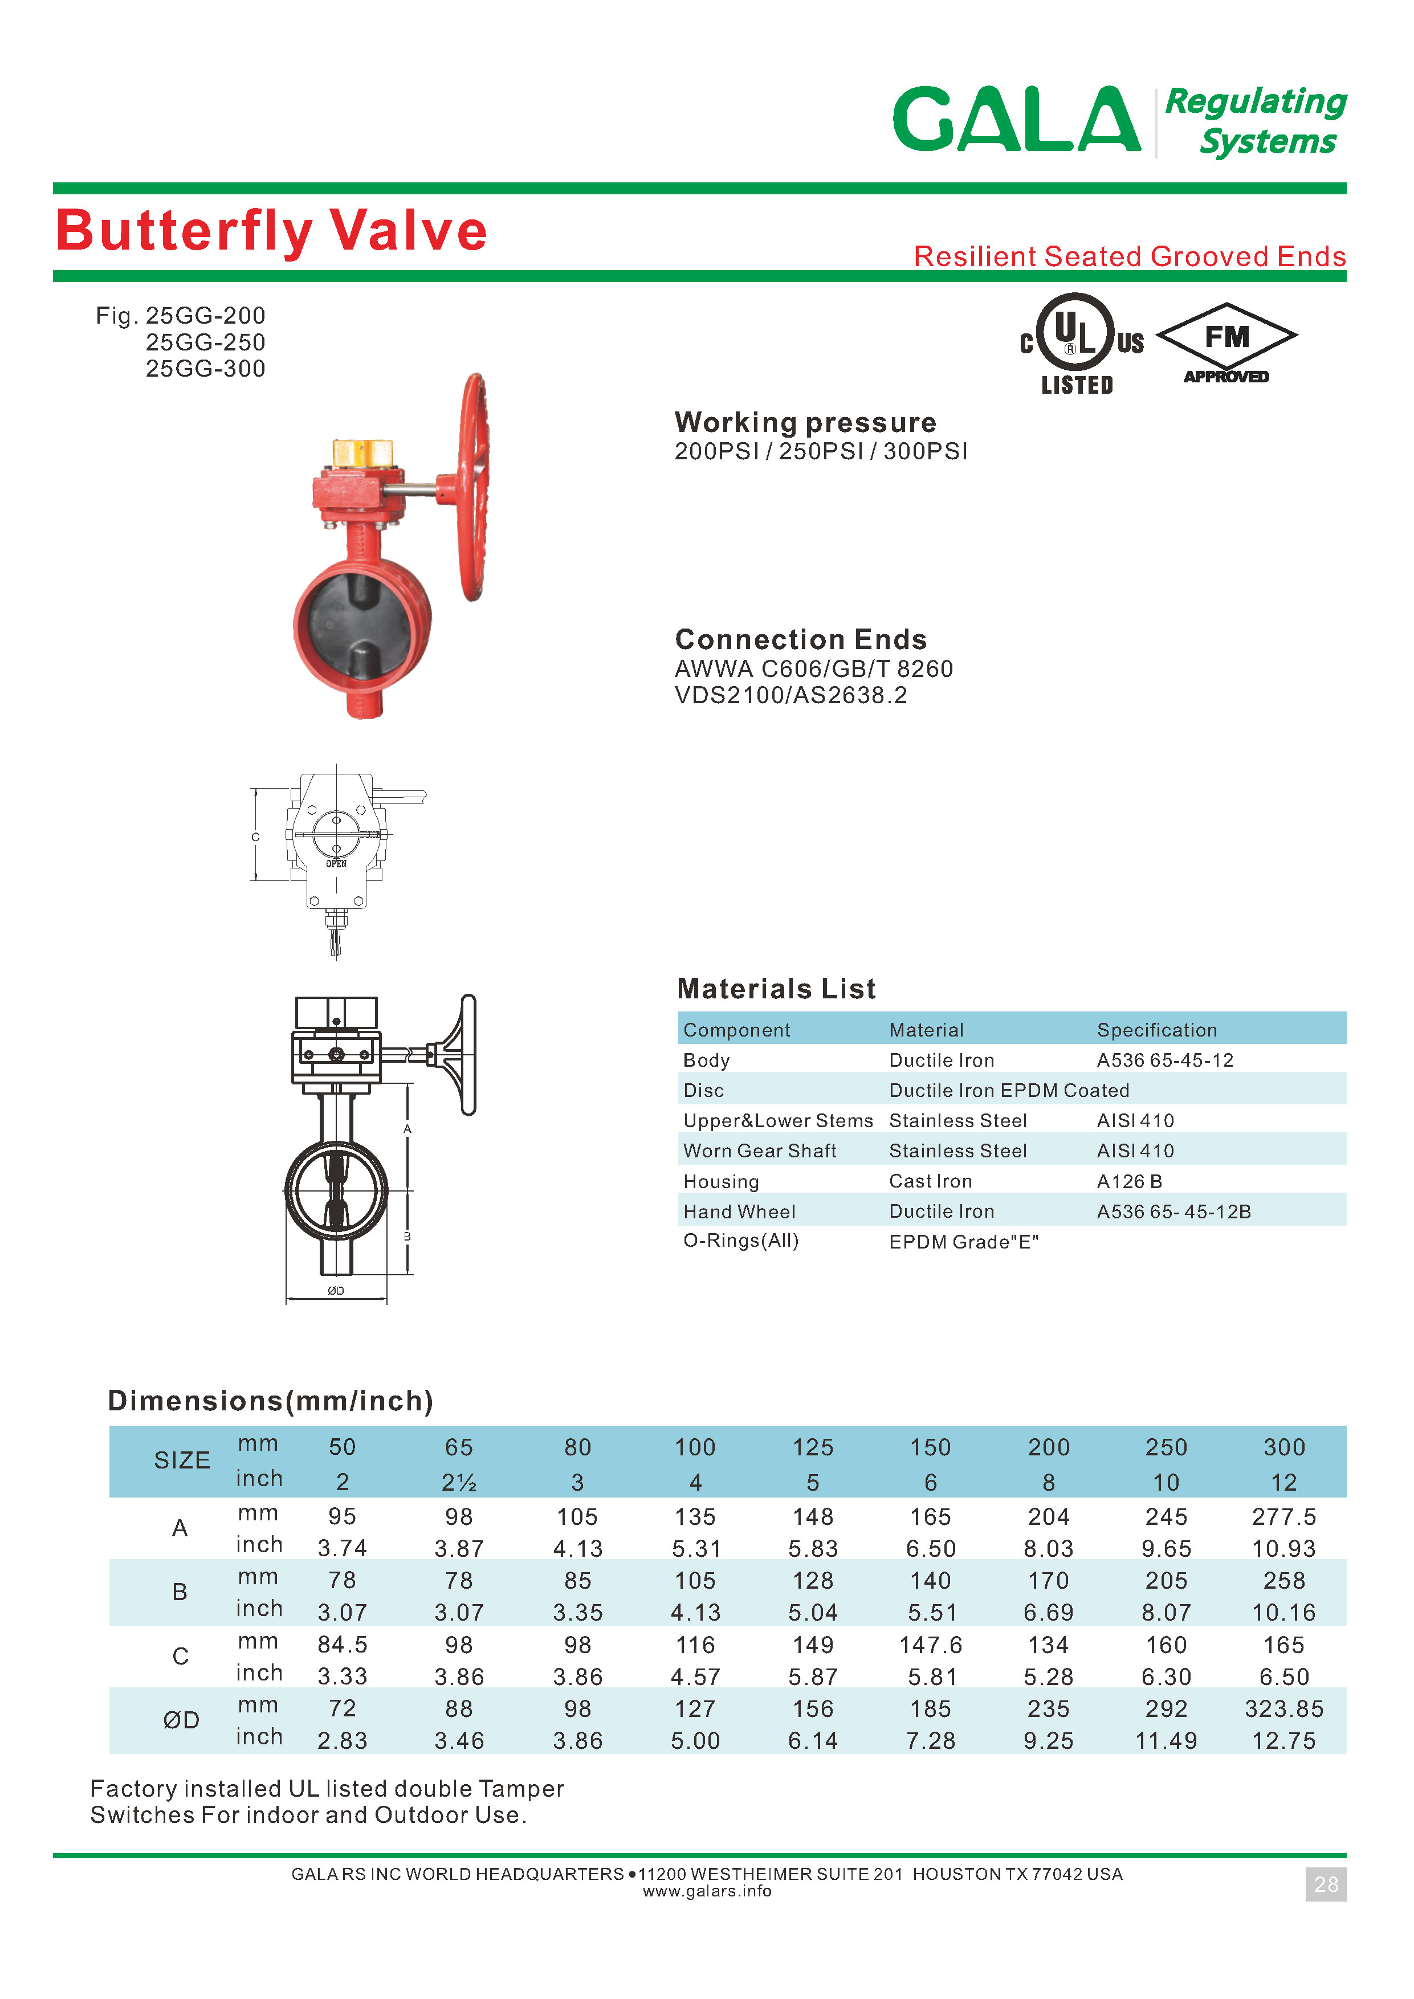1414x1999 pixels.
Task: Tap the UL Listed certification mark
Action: [1078, 342]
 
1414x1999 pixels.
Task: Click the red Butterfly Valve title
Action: [271, 231]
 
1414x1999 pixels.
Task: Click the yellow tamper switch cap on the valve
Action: [363, 452]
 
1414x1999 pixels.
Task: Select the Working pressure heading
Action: [805, 422]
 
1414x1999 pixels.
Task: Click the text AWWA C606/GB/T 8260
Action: [813, 668]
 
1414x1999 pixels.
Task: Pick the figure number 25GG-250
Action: [206, 342]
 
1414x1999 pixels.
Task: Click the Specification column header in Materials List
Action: [1156, 1030]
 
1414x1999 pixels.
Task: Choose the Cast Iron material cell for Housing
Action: [930, 1181]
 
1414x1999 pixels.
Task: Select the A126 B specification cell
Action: [1129, 1181]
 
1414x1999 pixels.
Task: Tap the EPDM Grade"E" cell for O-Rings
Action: [964, 1242]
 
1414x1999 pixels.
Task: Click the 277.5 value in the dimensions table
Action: [1283, 1517]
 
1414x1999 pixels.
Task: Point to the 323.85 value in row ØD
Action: [1283, 1709]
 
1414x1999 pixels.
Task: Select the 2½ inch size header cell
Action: [459, 1482]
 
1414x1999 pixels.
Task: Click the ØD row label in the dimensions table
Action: [181, 1720]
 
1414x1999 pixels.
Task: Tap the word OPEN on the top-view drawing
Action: [336, 864]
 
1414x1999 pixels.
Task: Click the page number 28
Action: [1325, 1884]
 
